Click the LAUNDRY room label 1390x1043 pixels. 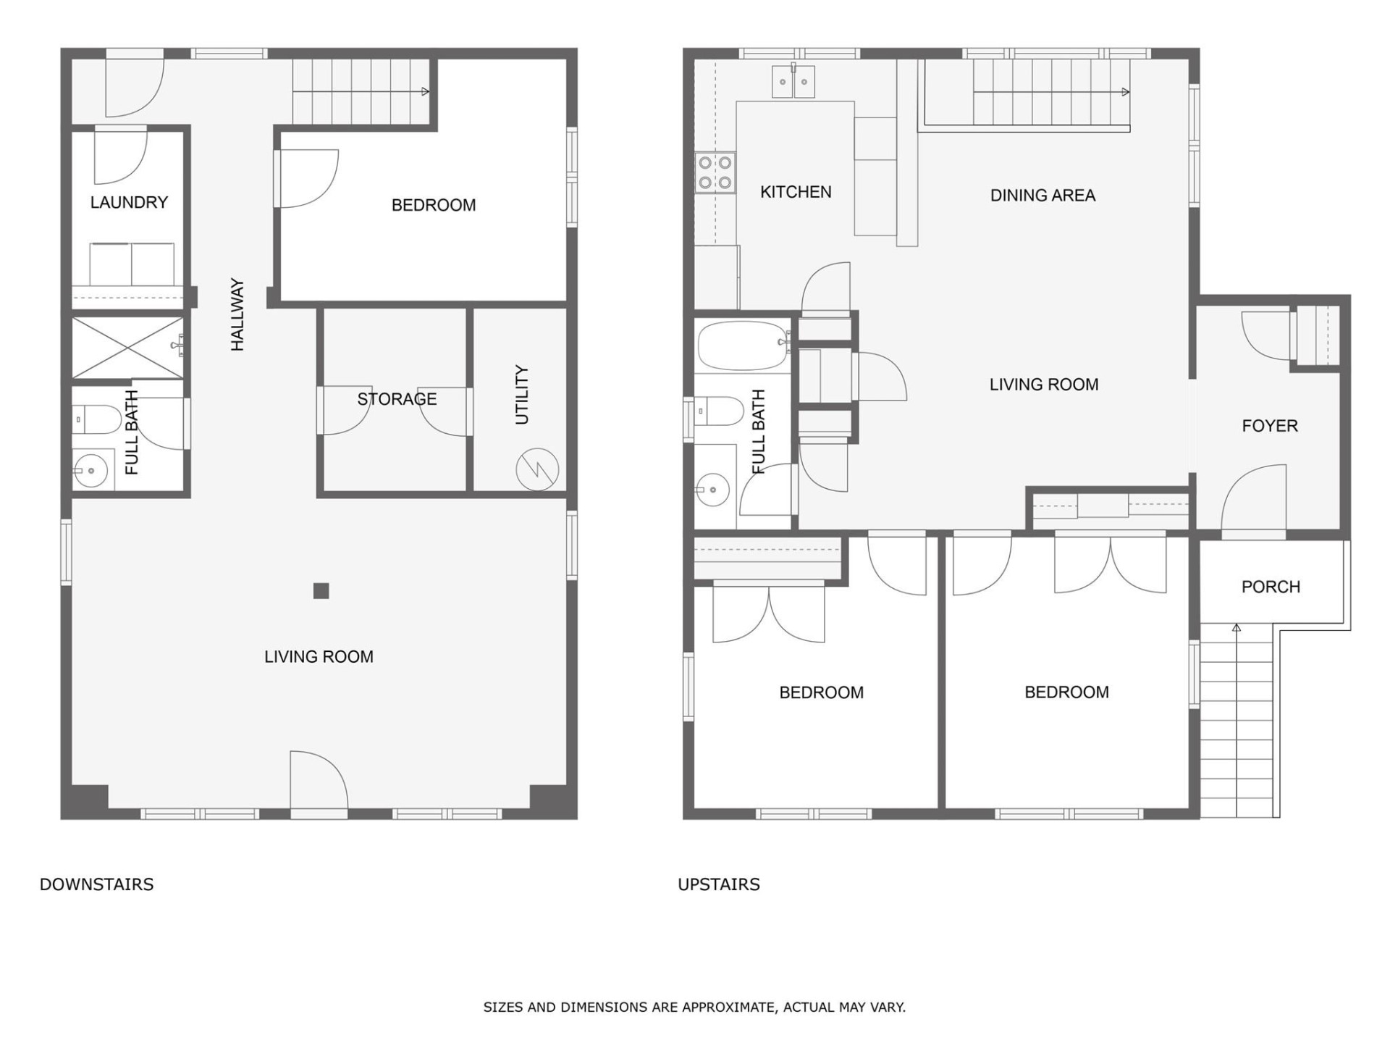[129, 202]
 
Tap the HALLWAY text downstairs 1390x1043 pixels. [237, 315]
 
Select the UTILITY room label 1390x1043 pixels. [521, 395]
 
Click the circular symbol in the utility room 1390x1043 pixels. [537, 469]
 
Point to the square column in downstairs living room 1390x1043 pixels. [321, 591]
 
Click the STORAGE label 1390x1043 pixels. [397, 399]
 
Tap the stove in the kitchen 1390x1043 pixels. [715, 172]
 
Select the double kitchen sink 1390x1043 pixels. [793, 82]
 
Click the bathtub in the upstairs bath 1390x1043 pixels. [743, 345]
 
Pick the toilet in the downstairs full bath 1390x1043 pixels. [98, 419]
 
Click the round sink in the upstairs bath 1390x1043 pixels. [712, 490]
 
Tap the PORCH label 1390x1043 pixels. [1271, 587]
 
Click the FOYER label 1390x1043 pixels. [1270, 426]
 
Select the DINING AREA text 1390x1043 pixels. [1042, 196]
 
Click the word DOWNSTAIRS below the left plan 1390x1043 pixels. [96, 884]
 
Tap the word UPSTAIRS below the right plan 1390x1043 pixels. [718, 884]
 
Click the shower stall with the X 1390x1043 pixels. [127, 348]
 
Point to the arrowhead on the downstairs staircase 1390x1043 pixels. [426, 91]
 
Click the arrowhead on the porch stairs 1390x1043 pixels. [1237, 628]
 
